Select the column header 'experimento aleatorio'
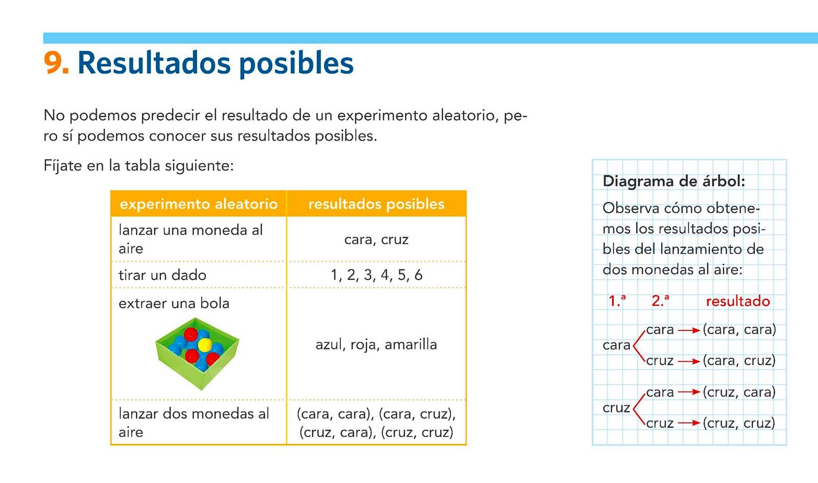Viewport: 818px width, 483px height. point(199,204)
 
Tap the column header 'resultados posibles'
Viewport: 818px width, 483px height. point(376,204)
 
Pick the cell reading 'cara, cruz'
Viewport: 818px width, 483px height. point(376,239)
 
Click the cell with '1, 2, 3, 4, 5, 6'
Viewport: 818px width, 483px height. point(376,275)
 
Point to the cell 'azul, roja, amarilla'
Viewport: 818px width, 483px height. point(376,344)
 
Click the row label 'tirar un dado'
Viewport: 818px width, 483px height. point(163,275)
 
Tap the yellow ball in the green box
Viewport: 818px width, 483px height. point(205,344)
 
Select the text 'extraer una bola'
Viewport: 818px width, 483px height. point(174,304)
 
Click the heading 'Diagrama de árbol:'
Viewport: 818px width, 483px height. point(674,181)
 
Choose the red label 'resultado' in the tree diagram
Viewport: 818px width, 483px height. point(738,302)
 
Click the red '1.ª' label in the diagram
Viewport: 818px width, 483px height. point(617,302)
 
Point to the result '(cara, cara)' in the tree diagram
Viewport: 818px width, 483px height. point(739,330)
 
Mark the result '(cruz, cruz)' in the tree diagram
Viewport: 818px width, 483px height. point(739,423)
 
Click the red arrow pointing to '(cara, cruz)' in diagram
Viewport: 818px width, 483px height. point(688,361)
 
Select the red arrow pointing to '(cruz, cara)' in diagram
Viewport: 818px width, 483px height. point(688,392)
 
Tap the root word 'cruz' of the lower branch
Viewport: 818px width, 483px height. point(616,408)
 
